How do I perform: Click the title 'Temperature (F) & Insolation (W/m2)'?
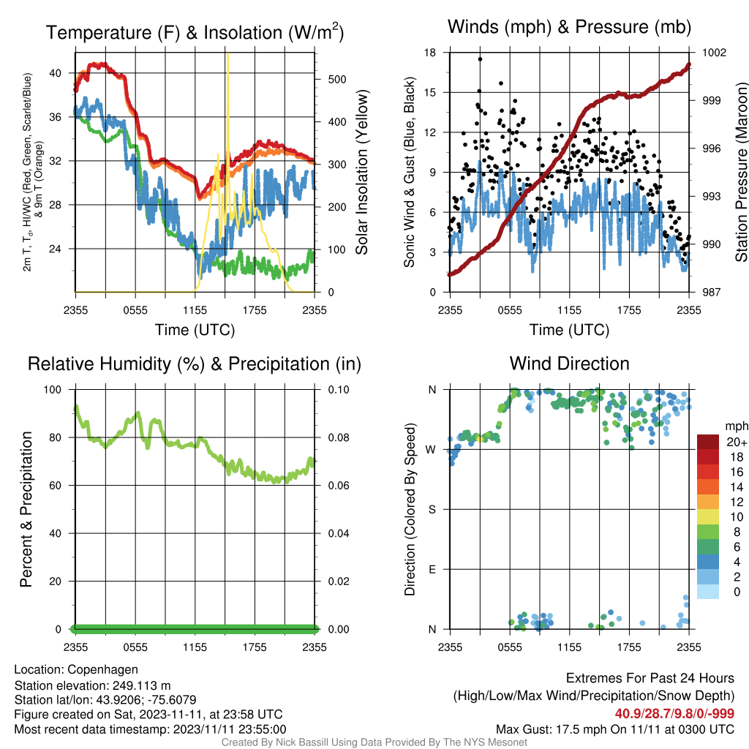[x=195, y=32]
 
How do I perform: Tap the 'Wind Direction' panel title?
[x=569, y=364]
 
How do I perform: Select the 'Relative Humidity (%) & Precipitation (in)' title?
[x=195, y=364]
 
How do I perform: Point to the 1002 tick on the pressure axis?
[x=714, y=53]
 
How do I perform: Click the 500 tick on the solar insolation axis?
[x=337, y=79]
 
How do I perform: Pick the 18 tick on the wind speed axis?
[x=430, y=53]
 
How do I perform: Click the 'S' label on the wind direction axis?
[x=432, y=510]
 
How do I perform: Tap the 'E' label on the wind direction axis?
[x=432, y=569]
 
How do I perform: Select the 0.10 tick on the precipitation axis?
[x=339, y=390]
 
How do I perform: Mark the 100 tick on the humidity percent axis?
[x=53, y=390]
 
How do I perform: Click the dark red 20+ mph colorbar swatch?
[x=708, y=442]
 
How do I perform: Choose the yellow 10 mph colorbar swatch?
[x=708, y=517]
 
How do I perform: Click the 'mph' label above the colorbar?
[x=736, y=426]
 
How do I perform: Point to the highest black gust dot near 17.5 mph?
[x=480, y=59]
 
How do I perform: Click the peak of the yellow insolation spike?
[x=228, y=54]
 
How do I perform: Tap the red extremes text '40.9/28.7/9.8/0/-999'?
[x=674, y=714]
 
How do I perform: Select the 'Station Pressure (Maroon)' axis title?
[x=741, y=172]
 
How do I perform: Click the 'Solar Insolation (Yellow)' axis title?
[x=362, y=172]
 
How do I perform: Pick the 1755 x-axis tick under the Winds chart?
[x=629, y=310]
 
